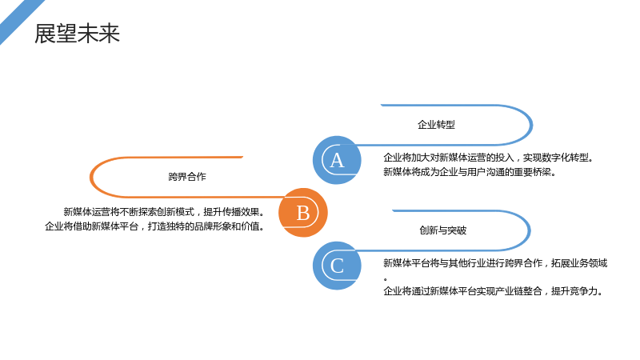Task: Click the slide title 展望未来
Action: pyautogui.click(x=77, y=34)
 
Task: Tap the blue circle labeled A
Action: pyautogui.click(x=337, y=160)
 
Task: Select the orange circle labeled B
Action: pyautogui.click(x=303, y=213)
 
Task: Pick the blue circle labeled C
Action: pyautogui.click(x=337, y=266)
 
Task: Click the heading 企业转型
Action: pyautogui.click(x=436, y=125)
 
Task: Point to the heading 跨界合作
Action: pyautogui.click(x=187, y=177)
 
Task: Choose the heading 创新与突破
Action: pyautogui.click(x=443, y=230)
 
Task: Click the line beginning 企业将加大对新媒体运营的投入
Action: pyautogui.click(x=489, y=158)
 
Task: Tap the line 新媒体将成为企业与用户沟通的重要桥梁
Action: pyautogui.click(x=470, y=172)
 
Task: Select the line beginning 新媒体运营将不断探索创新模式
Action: pyautogui.click(x=164, y=212)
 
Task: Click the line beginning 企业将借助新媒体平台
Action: pyautogui.click(x=154, y=226)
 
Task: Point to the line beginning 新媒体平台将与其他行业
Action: pyautogui.click(x=495, y=263)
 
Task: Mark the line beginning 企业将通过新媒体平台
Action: pyautogui.click(x=493, y=291)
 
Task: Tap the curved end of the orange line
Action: pyautogui.click(x=90, y=177)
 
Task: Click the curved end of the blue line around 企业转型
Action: pyautogui.click(x=532, y=125)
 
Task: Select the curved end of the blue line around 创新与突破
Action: pyautogui.click(x=530, y=230)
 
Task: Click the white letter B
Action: pyautogui.click(x=303, y=213)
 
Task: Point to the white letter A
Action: pyautogui.click(x=337, y=161)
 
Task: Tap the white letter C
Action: pyautogui.click(x=337, y=266)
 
